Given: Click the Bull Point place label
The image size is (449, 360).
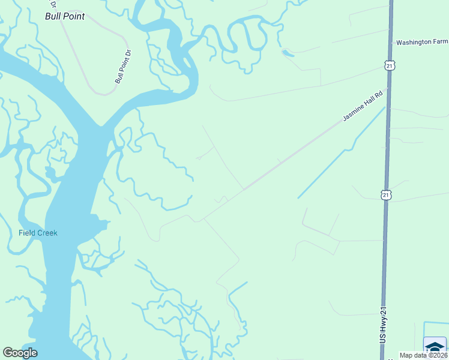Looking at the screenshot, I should pos(65,16).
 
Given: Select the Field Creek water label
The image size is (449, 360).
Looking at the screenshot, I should pos(38,233).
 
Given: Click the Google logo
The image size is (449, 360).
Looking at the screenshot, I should pos(20,353).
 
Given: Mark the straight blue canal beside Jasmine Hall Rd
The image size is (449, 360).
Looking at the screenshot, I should pos(342,153).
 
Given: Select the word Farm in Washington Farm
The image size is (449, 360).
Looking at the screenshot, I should pos(439,43).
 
